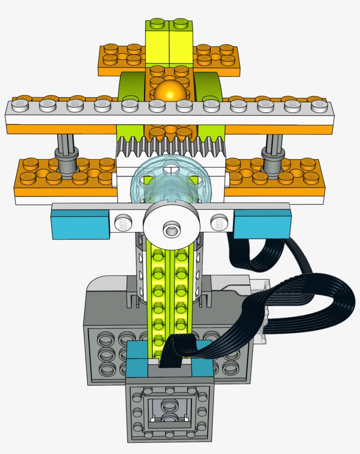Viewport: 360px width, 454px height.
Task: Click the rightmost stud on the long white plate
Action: click(319, 105)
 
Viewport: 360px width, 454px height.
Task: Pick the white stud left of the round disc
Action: click(124, 222)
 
